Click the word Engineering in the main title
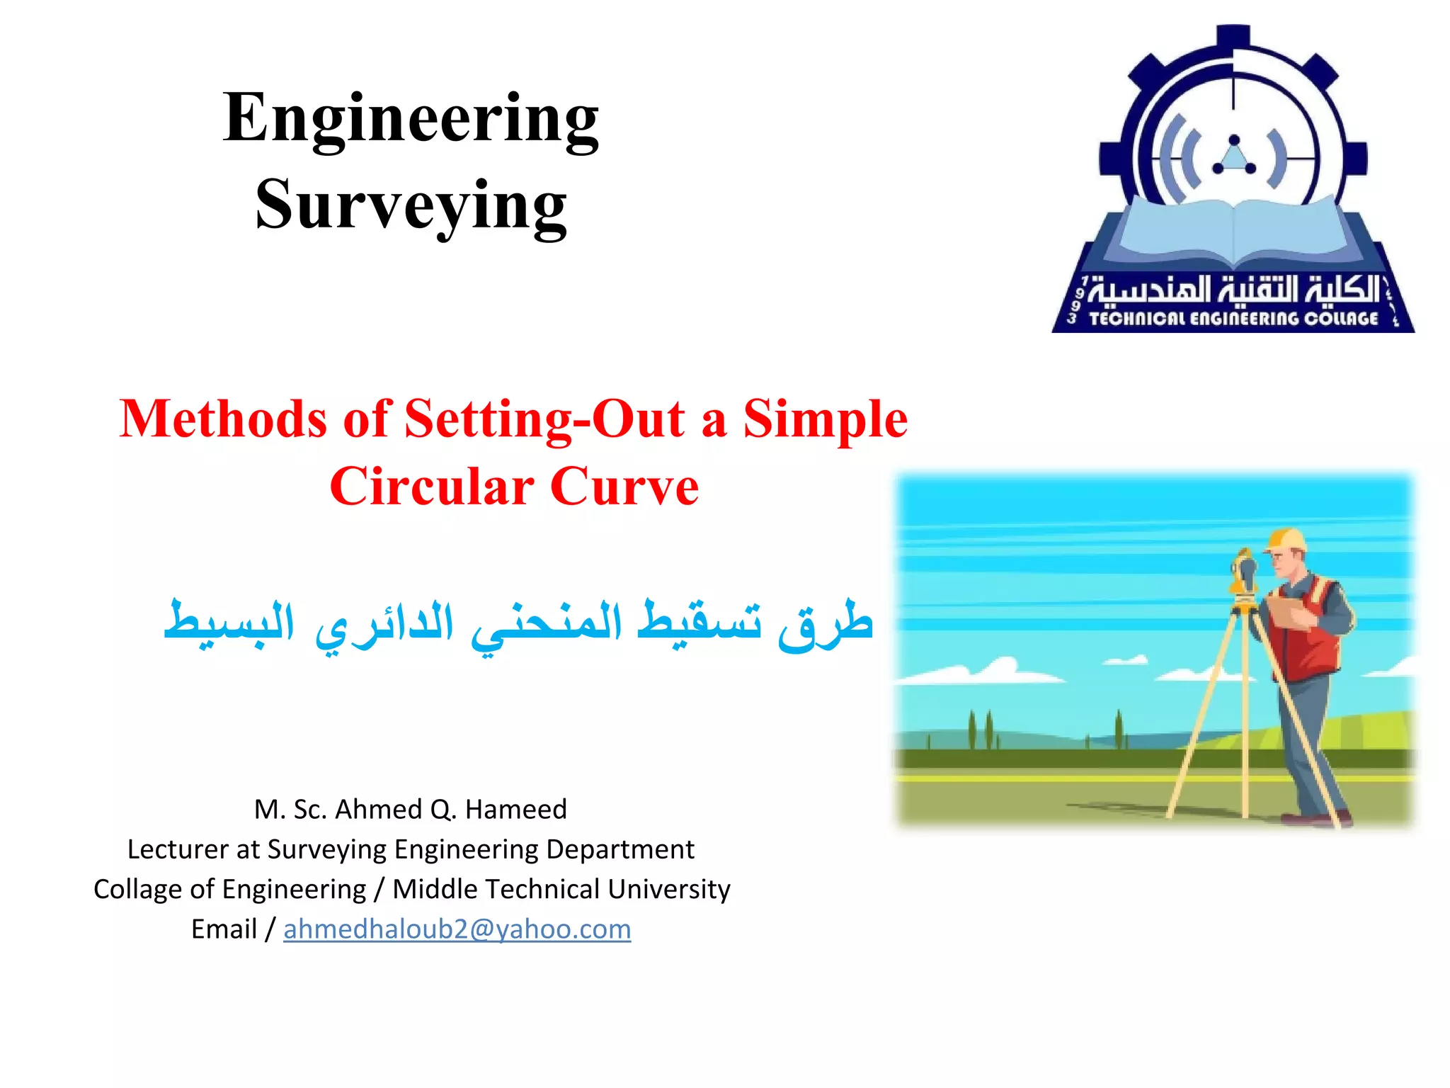[411, 119]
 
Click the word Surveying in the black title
[411, 205]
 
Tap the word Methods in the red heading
[222, 419]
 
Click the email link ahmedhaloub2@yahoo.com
[457, 929]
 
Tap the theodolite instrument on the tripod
[1244, 577]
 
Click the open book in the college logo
[1234, 227]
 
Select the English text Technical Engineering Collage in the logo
[1233, 319]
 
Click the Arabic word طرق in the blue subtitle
[825, 623]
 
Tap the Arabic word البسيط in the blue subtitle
[228, 623]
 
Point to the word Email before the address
[224, 929]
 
